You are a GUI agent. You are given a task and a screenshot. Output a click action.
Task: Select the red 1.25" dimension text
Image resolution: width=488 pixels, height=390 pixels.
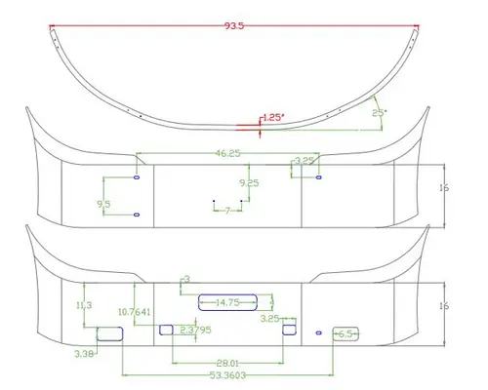pyautogui.click(x=272, y=117)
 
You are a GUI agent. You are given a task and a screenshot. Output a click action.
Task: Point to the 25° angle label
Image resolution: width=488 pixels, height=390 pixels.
pyautogui.click(x=380, y=113)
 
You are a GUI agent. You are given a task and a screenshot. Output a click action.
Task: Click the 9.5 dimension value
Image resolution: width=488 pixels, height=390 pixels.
pyautogui.click(x=103, y=203)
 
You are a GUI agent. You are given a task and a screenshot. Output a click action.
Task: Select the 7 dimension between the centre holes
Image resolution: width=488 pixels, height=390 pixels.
pyautogui.click(x=227, y=211)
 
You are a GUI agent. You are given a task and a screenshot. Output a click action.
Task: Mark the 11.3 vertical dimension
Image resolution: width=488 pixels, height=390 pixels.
pyautogui.click(x=84, y=305)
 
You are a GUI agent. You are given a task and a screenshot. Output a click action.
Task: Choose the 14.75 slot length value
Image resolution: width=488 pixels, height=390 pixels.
pyautogui.click(x=227, y=303)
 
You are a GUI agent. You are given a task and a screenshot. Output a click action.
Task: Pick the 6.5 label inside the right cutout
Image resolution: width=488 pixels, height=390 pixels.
pyautogui.click(x=346, y=334)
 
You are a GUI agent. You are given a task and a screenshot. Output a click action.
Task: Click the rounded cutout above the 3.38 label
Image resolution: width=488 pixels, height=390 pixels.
pyautogui.click(x=110, y=334)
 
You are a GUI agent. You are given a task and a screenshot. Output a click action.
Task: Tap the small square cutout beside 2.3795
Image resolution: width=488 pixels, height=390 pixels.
pyautogui.click(x=166, y=330)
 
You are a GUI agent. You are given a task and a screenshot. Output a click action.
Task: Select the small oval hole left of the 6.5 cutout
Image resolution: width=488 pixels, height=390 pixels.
pyautogui.click(x=318, y=333)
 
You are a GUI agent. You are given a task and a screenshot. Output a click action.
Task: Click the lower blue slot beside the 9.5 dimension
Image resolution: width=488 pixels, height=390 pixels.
pyautogui.click(x=137, y=214)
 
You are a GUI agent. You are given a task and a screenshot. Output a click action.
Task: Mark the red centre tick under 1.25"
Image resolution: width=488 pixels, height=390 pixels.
pyautogui.click(x=259, y=131)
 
